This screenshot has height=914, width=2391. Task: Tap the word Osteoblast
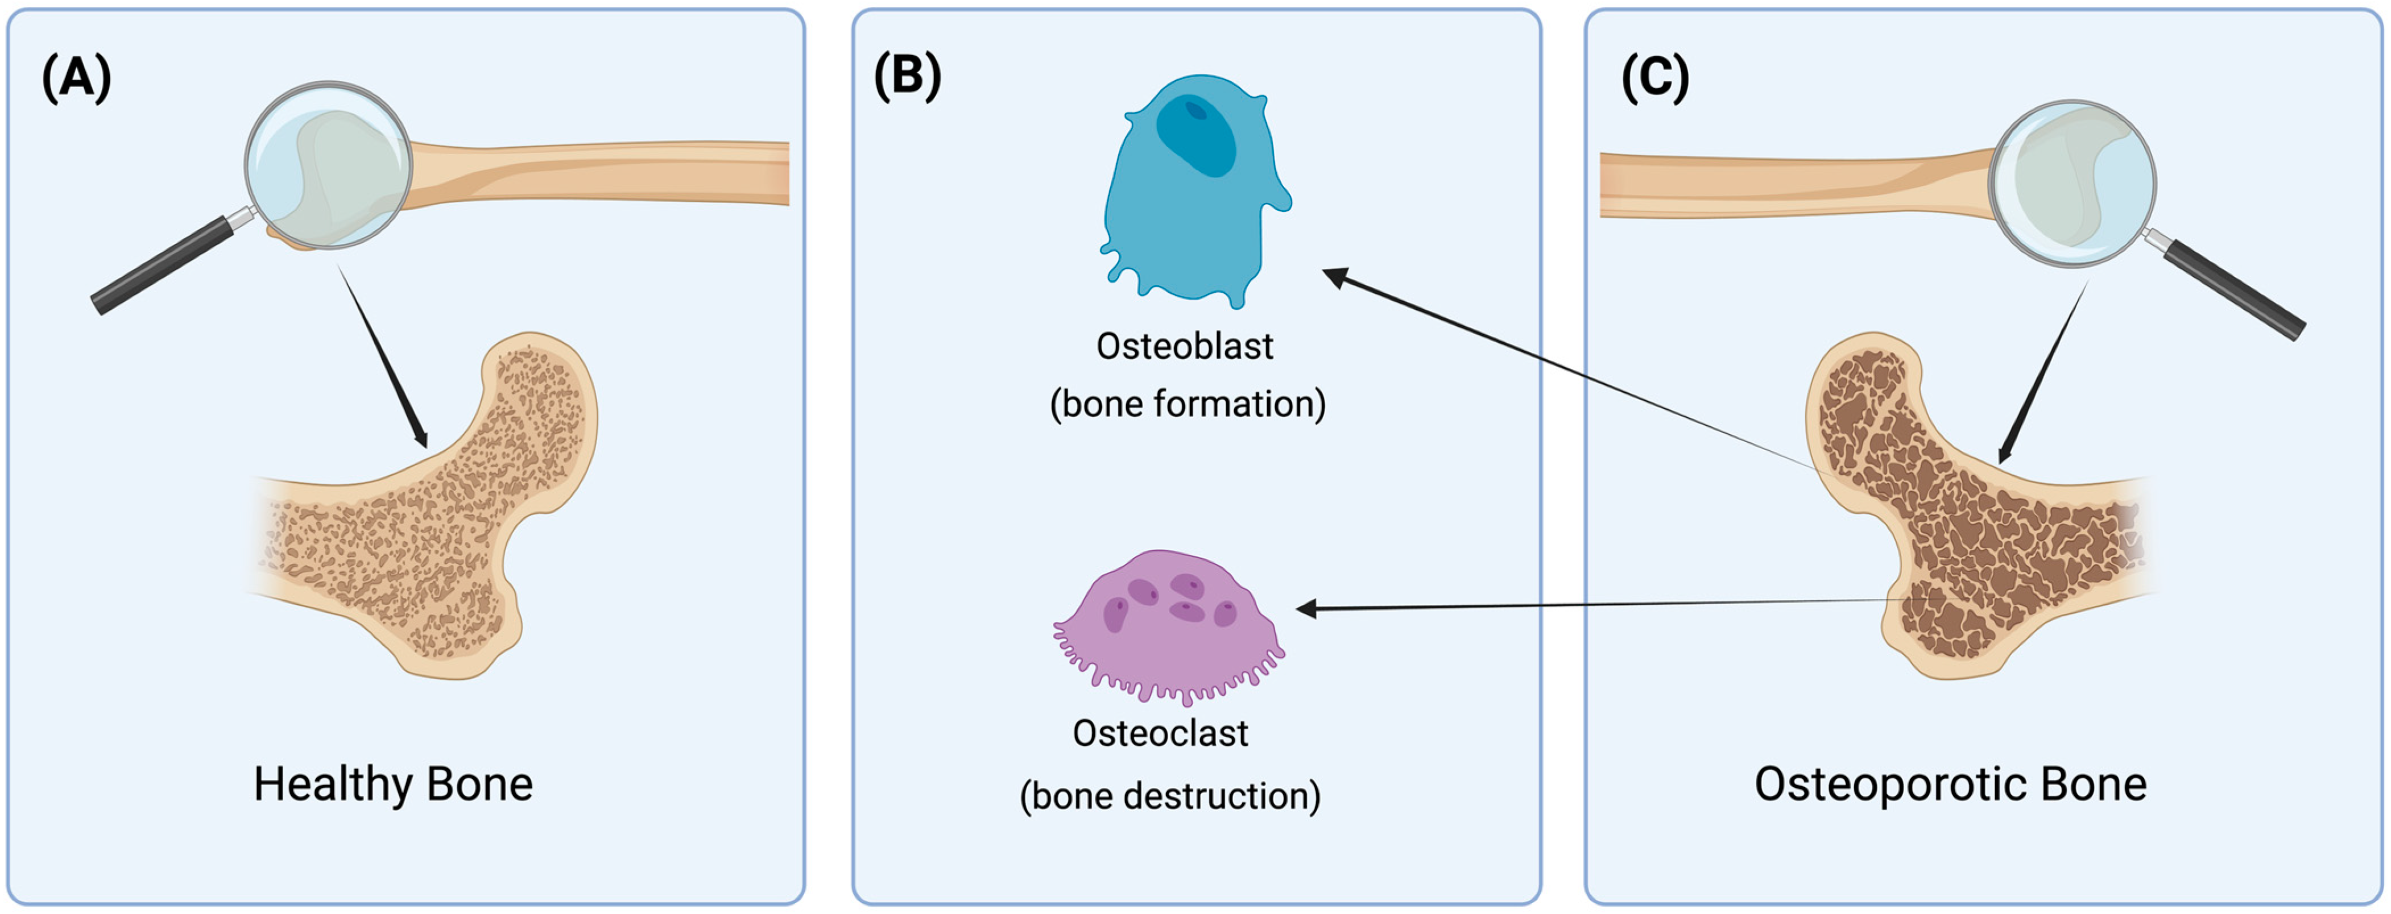(1184, 346)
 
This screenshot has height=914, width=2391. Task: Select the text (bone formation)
(1187, 404)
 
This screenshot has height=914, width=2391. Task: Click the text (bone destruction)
(1169, 795)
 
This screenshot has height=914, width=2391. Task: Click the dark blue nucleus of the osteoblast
(1197, 135)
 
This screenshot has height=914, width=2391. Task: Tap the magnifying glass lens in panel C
(2072, 184)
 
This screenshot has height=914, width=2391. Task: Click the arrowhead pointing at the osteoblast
(1333, 276)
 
